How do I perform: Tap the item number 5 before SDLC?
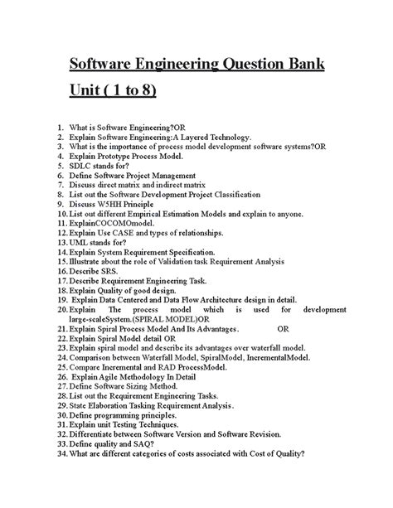61,166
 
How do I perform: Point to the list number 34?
62,454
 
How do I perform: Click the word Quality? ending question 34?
289,454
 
